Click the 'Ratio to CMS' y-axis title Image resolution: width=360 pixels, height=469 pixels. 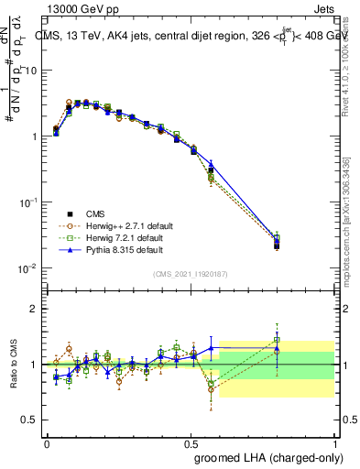(x=14, y=365)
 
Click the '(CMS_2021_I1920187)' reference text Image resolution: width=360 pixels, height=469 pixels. (x=191, y=274)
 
